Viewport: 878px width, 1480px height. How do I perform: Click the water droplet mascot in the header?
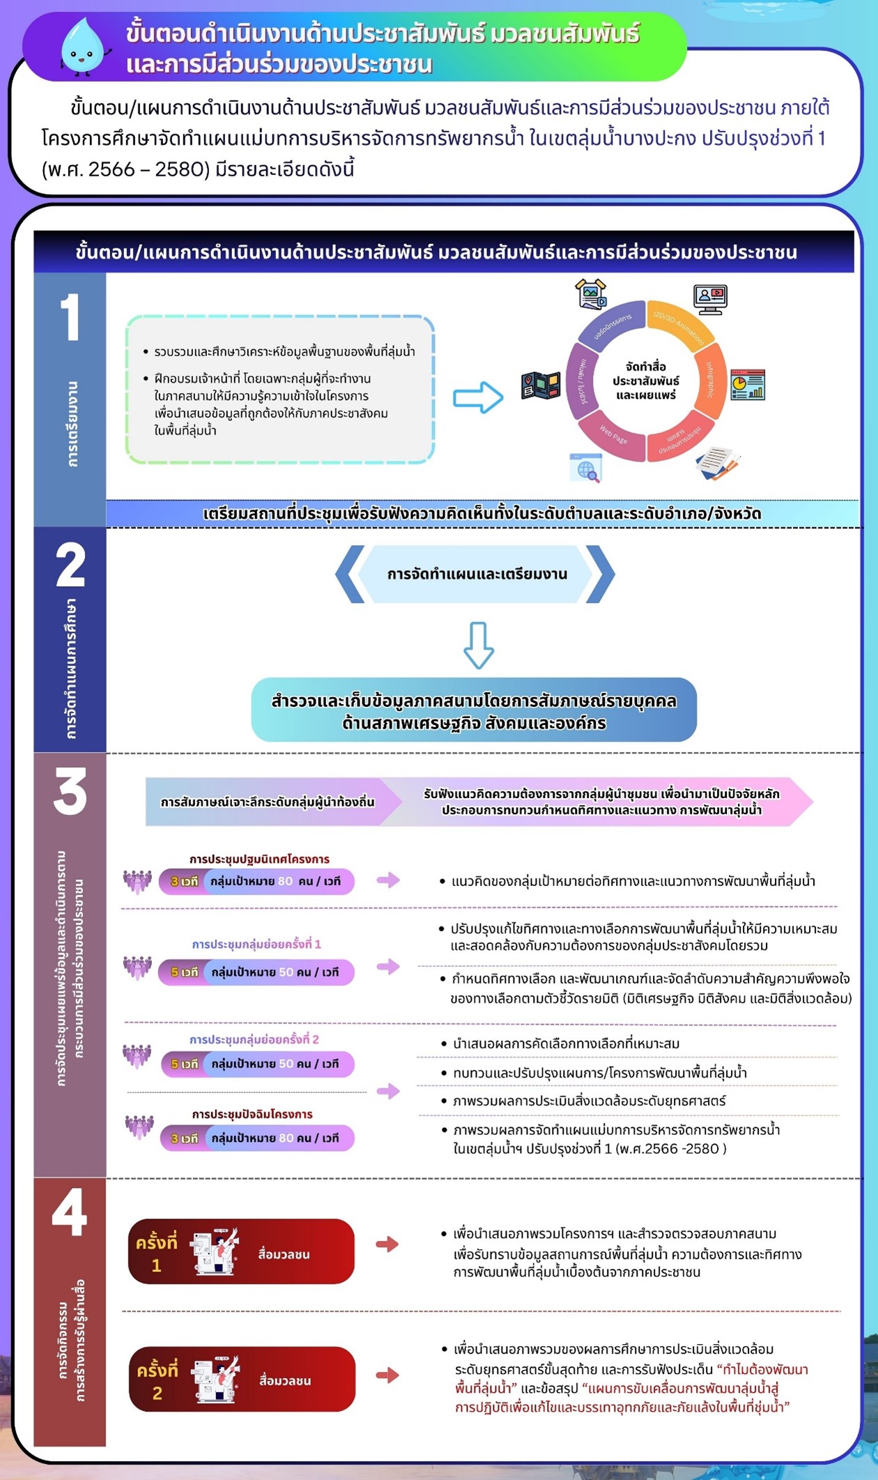84,46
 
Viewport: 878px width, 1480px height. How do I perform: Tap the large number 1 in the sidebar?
70,317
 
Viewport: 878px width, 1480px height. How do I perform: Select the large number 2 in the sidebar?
70,565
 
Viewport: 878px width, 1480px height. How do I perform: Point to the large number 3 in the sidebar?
70,791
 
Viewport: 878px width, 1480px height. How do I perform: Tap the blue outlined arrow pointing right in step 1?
478,398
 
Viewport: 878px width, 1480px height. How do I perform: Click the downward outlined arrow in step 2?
479,645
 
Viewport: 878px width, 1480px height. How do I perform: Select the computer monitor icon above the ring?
710,298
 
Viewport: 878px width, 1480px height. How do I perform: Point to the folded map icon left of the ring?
541,386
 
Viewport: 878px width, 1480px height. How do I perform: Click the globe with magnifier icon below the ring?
586,468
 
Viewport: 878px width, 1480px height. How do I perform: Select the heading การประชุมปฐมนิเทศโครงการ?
259,859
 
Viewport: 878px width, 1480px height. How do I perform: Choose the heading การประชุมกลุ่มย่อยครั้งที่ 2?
254,1039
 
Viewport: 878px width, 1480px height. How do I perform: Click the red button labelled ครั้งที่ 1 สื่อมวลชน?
241,1251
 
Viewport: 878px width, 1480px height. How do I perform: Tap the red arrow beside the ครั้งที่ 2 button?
387,1375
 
